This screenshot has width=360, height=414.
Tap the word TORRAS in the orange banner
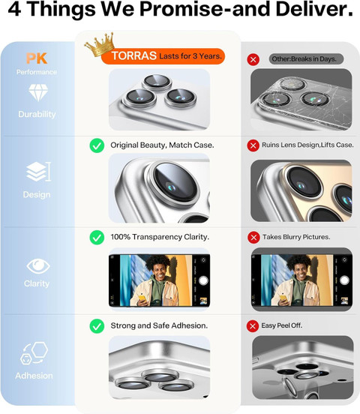click(x=134, y=55)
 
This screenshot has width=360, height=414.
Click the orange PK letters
click(x=37, y=58)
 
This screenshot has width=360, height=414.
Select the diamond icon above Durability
click(x=38, y=93)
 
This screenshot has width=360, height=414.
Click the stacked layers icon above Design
click(x=38, y=172)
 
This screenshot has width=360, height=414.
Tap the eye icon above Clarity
click(x=38, y=266)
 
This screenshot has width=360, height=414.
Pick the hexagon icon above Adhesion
click(x=34, y=353)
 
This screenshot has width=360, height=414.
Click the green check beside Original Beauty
click(x=97, y=145)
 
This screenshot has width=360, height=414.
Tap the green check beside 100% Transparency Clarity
click(x=97, y=237)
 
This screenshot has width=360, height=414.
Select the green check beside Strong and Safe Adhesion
click(x=97, y=326)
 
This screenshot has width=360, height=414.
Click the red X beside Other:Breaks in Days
click(x=253, y=59)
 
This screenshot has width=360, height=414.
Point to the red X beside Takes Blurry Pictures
click(x=253, y=237)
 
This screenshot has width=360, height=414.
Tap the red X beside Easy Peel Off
click(x=253, y=326)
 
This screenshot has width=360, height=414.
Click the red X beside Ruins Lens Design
click(x=253, y=145)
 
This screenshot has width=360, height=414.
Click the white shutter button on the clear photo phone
click(x=203, y=280)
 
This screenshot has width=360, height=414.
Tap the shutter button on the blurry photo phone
click(x=344, y=280)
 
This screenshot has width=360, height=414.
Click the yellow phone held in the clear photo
click(x=142, y=298)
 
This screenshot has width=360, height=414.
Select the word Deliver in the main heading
click(x=314, y=9)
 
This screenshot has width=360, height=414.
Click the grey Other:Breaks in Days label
click(x=306, y=59)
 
